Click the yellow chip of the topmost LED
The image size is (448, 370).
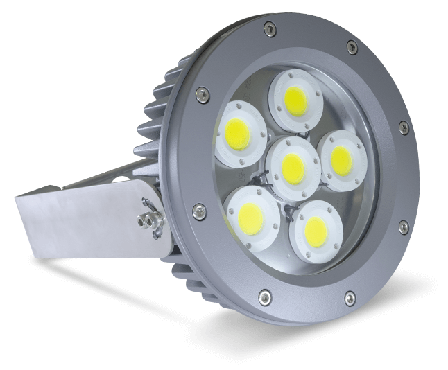coord(296,101)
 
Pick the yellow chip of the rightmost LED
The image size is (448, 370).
coord(341,160)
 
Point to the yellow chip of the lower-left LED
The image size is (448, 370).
coord(250,218)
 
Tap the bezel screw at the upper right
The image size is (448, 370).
coord(352,47)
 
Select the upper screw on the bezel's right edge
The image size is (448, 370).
coord(403,126)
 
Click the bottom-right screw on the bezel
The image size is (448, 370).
coord(350,299)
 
